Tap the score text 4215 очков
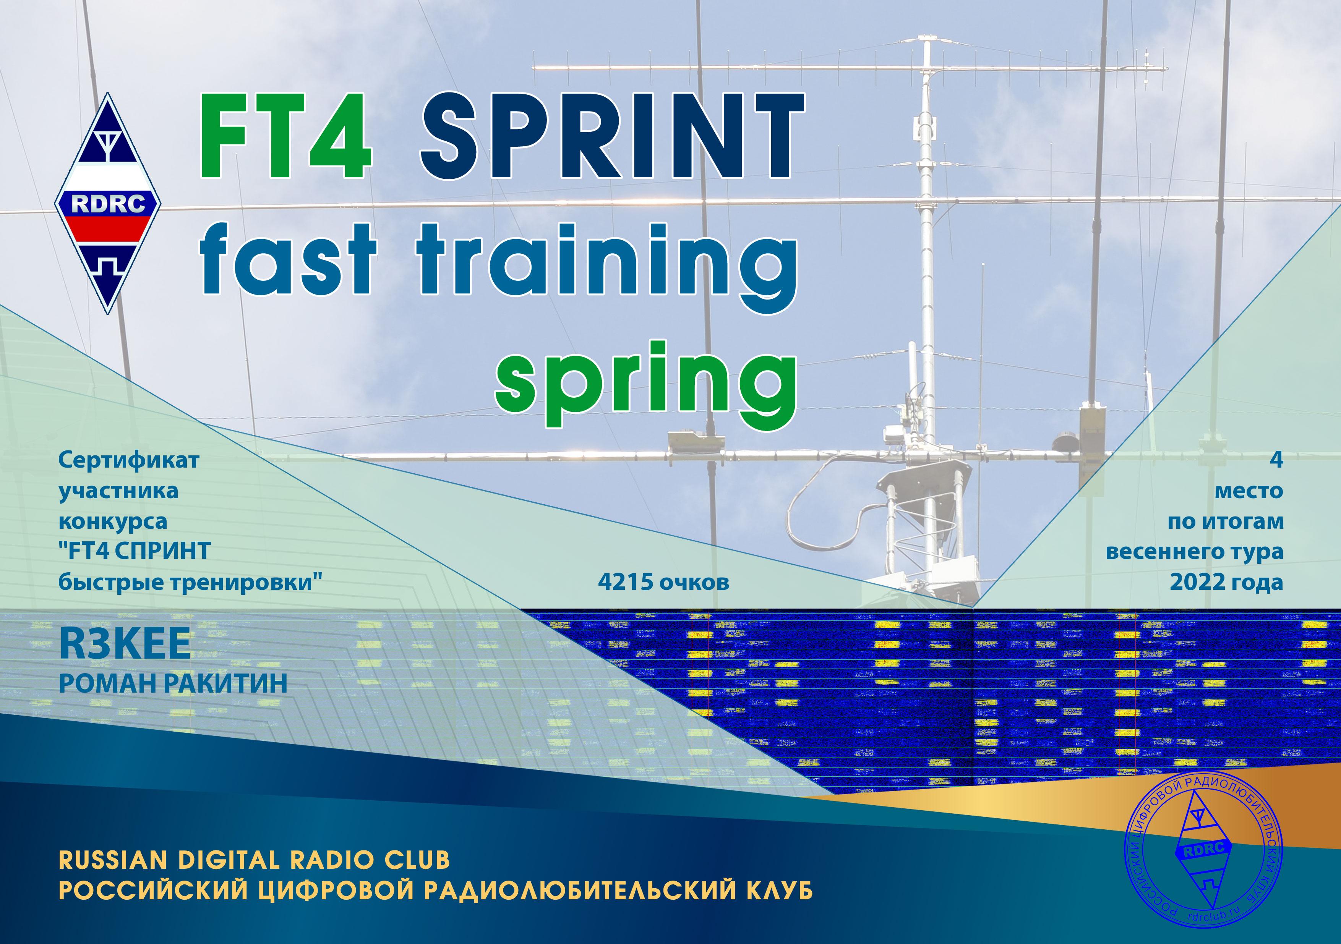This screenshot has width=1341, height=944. [x=663, y=582]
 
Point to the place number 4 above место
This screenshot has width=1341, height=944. [x=1277, y=460]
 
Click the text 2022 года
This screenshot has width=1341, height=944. [x=1226, y=582]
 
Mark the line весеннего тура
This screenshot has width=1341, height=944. [x=1195, y=552]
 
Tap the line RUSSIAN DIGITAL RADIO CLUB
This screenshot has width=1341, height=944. [x=255, y=860]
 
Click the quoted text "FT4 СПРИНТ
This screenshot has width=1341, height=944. [x=135, y=551]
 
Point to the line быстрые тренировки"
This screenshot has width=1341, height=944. [x=190, y=583]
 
